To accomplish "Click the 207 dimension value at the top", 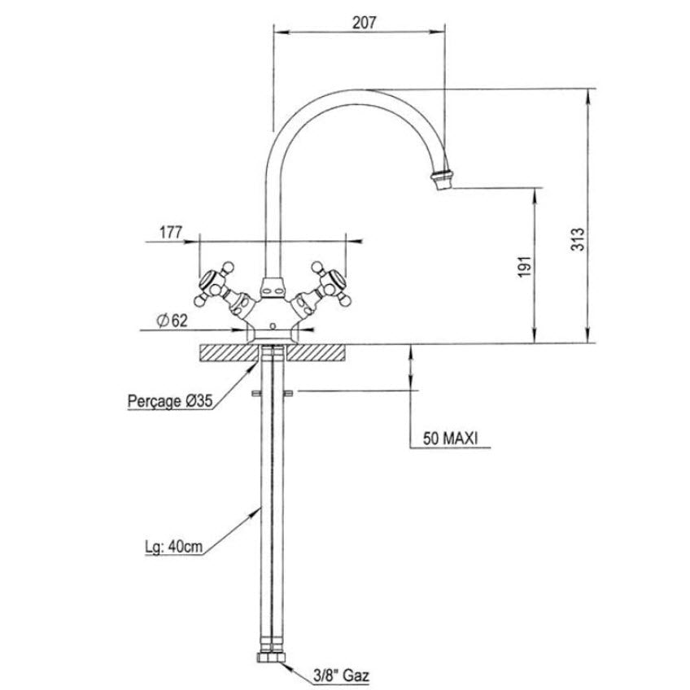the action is tap(365, 23).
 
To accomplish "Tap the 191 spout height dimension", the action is tap(525, 266).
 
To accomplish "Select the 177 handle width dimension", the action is tap(171, 232).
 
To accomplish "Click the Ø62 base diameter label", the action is tap(172, 321).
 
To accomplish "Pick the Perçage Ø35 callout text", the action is tap(170, 401).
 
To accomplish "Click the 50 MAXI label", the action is tap(450, 439).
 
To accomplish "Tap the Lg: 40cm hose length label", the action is tap(174, 547).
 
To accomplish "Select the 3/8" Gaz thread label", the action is tap(342, 675).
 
